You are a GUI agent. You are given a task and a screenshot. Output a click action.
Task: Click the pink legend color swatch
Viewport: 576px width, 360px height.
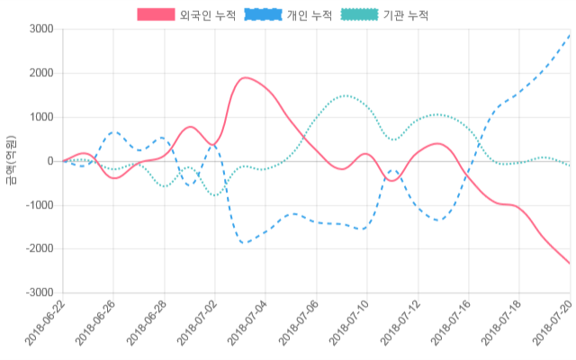[x=155, y=15]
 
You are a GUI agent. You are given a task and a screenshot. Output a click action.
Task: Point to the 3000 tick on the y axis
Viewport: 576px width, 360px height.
[x=40, y=30]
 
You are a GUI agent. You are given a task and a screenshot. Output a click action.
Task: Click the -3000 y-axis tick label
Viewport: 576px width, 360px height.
[x=38, y=292]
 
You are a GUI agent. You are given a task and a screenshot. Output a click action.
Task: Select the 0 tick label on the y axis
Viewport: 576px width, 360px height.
[x=50, y=161]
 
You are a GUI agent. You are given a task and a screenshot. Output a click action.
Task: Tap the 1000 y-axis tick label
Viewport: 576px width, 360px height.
[x=40, y=117]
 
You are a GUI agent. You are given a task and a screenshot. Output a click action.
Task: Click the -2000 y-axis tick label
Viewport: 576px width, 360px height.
[x=38, y=248]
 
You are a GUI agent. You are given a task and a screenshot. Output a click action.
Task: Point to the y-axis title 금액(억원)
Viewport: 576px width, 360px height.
[x=11, y=161]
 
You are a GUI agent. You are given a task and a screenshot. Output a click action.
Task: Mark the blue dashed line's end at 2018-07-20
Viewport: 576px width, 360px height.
[x=571, y=35]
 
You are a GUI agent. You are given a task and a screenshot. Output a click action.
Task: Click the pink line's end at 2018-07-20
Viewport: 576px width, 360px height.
[x=571, y=264]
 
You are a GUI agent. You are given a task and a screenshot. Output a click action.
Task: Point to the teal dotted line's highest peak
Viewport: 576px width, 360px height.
[x=345, y=95]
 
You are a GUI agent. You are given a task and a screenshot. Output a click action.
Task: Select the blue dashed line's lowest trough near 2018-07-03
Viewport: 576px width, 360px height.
[x=243, y=243]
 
